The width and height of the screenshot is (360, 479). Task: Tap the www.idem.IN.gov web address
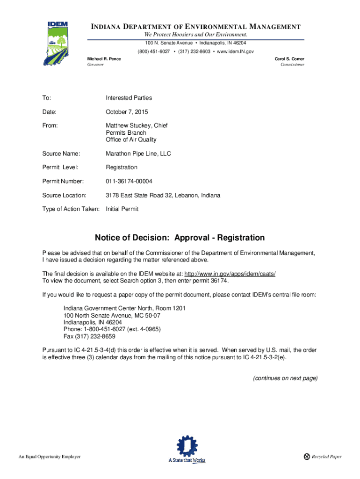click(x=236, y=51)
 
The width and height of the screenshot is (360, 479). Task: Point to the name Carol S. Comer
click(x=289, y=59)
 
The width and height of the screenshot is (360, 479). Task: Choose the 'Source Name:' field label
click(x=61, y=153)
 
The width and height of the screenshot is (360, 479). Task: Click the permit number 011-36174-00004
click(x=129, y=181)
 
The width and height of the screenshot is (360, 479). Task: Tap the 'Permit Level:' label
click(x=60, y=167)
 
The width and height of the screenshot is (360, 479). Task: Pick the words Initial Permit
click(x=122, y=209)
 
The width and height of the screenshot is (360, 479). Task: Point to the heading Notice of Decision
click(x=180, y=238)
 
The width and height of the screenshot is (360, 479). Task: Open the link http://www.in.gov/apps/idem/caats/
click(x=230, y=274)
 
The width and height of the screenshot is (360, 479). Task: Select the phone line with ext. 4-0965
click(x=112, y=329)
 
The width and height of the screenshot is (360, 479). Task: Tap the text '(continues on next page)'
click(x=285, y=378)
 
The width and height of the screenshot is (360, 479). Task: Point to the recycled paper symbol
click(x=307, y=457)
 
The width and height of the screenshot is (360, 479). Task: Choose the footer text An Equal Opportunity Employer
click(x=50, y=457)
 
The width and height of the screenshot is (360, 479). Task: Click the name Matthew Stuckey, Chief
click(x=137, y=126)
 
